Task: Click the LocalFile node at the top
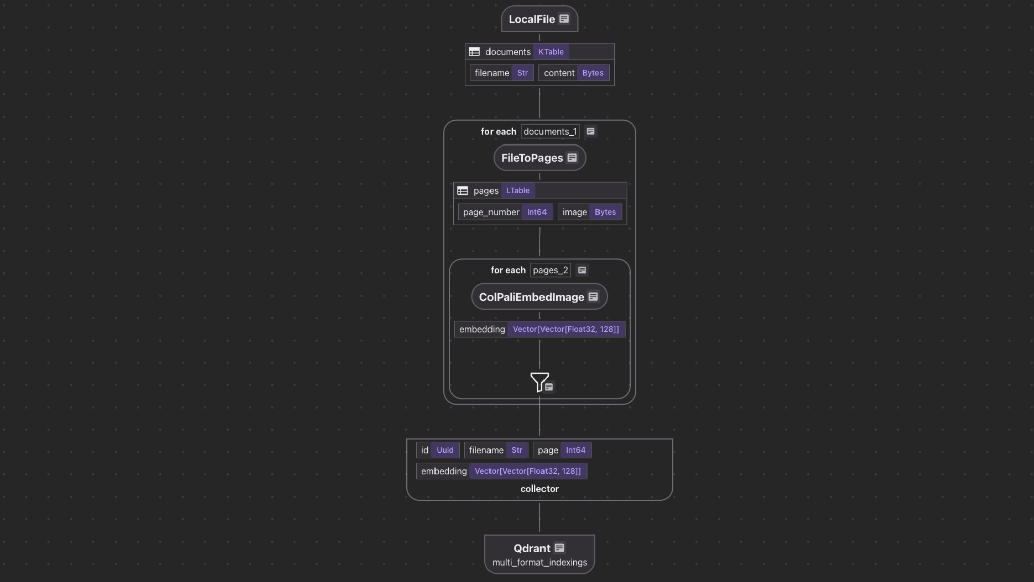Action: (x=532, y=19)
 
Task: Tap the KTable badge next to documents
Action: (x=551, y=52)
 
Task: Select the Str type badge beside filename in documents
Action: (x=522, y=73)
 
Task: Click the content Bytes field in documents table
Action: (x=574, y=73)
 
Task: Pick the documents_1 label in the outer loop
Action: (x=550, y=132)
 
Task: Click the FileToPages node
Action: (x=532, y=158)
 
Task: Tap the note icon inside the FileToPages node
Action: (x=572, y=158)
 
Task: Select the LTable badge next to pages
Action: (x=518, y=191)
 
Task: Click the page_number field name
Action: (x=491, y=212)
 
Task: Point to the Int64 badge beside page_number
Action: (x=536, y=212)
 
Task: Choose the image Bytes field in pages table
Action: (x=589, y=212)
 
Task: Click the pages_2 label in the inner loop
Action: (x=550, y=270)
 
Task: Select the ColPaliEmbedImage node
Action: (x=532, y=297)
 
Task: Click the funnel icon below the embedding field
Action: (x=539, y=381)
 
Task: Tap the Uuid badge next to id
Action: (x=445, y=450)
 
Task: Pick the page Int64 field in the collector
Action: (x=562, y=450)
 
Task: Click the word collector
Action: (x=539, y=489)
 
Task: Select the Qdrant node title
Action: (x=532, y=548)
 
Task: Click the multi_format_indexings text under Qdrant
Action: (x=539, y=562)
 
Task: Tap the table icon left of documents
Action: (x=474, y=52)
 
